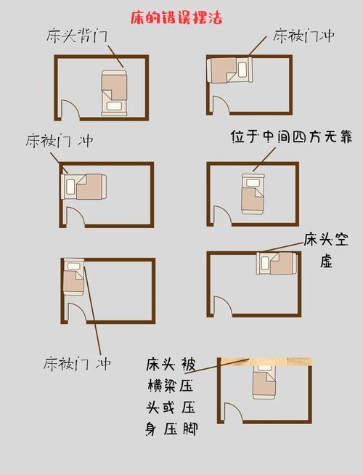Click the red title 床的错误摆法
tap(176, 18)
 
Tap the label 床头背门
tap(77, 36)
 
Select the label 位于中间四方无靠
tap(292, 137)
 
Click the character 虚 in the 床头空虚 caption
tap(326, 261)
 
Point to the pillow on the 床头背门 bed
tap(114, 106)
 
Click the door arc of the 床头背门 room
tap(71, 108)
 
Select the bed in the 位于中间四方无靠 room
tap(253, 194)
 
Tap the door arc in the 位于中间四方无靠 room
tap(224, 214)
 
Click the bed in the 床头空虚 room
tap(277, 263)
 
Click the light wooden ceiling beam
tap(266, 362)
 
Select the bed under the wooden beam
tap(264, 383)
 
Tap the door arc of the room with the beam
tap(234, 412)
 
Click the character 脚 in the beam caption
tap(190, 429)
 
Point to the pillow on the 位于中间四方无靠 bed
tap(253, 183)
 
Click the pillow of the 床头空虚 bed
tap(265, 263)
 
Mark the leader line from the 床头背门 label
tap(115, 56)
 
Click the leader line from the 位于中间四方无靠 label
tap(264, 159)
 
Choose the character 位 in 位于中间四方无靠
tap(237, 137)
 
